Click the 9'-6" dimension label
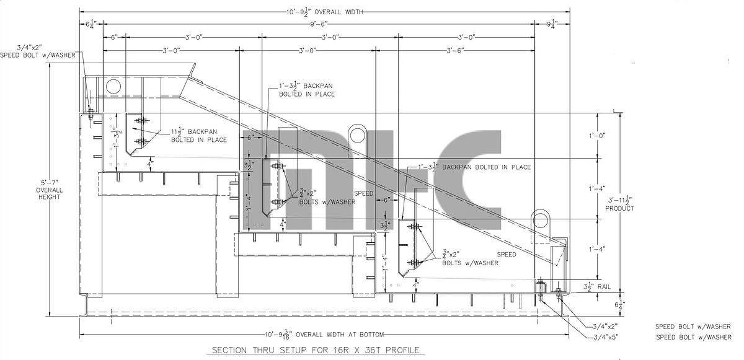(320, 24)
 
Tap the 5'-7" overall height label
(48, 189)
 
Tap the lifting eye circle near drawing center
(358, 134)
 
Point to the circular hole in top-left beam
(113, 86)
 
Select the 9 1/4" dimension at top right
(552, 24)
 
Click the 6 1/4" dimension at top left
(91, 24)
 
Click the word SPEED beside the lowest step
(506, 255)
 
